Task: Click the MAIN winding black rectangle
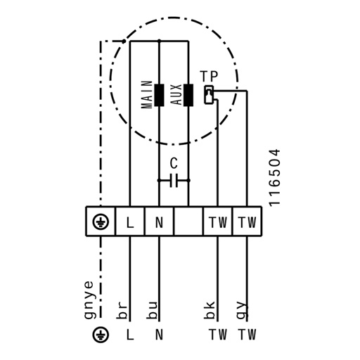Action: (x=159, y=95)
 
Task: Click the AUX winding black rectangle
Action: (x=188, y=95)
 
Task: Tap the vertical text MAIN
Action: (x=147, y=94)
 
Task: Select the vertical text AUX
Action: (x=176, y=94)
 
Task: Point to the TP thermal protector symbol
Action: (x=209, y=94)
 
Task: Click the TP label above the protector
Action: (x=209, y=76)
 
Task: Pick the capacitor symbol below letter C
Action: (x=174, y=181)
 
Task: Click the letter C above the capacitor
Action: (x=174, y=163)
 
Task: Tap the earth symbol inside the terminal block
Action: (x=101, y=221)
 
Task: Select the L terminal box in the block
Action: (x=130, y=221)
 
